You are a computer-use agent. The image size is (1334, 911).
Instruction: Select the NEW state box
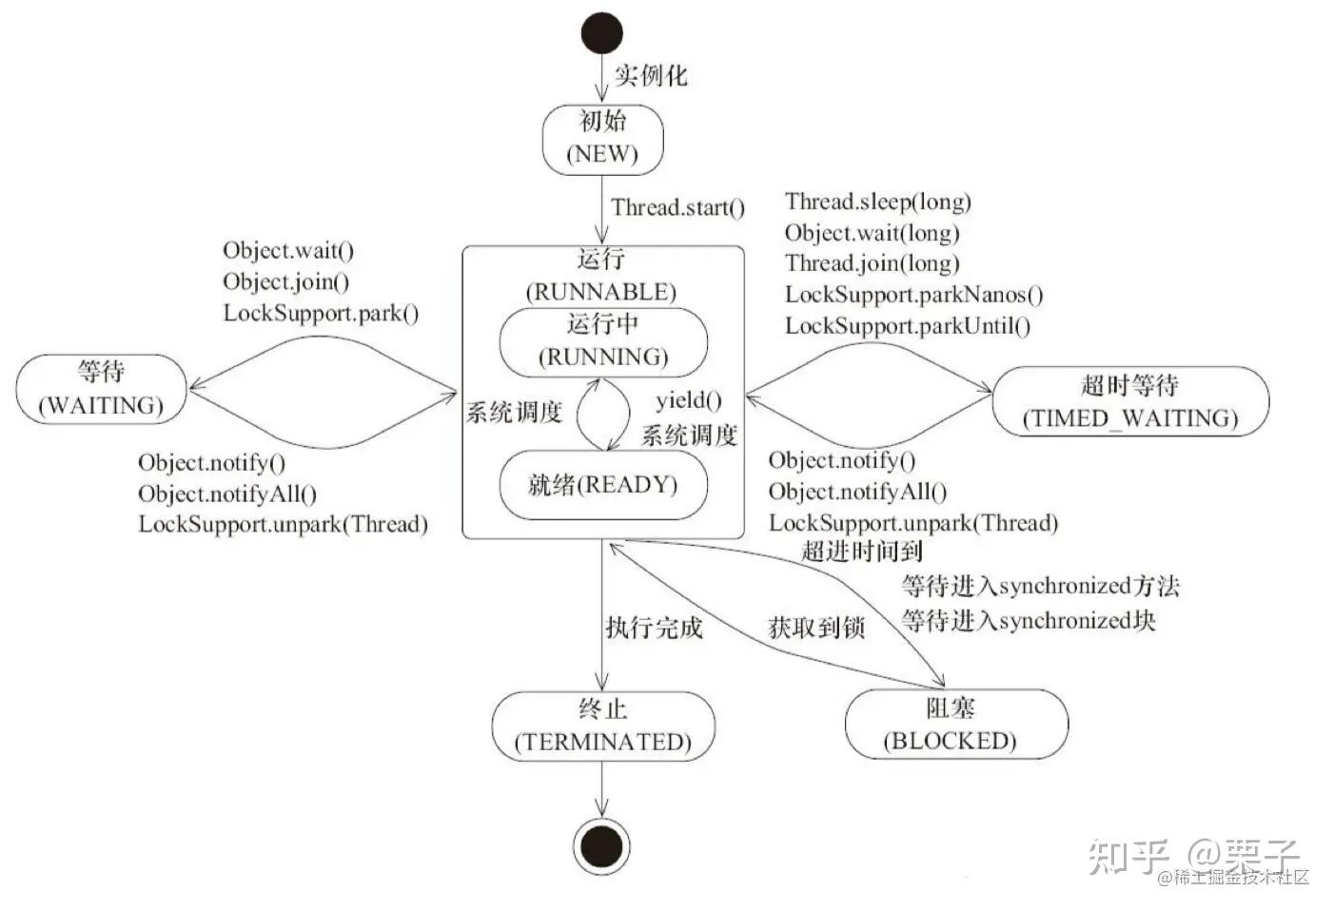(x=602, y=139)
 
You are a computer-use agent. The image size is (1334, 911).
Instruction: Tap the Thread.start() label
(x=677, y=207)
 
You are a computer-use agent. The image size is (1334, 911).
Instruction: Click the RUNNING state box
(x=603, y=341)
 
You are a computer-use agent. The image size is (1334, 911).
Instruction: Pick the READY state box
(x=603, y=486)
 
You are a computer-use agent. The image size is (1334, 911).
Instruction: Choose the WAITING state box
(x=102, y=389)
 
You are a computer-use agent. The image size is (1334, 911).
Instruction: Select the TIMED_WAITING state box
(x=1130, y=401)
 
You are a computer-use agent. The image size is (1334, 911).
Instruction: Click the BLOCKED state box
(x=956, y=725)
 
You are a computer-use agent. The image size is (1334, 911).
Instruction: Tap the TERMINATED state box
(x=602, y=726)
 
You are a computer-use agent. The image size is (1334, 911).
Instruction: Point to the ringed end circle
(x=602, y=845)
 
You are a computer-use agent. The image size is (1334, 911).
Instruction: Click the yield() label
(x=688, y=400)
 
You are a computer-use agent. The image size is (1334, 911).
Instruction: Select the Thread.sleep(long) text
(x=877, y=202)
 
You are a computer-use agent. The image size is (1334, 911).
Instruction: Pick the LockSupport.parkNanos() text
(x=913, y=295)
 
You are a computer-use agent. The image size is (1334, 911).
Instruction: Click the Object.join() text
(x=285, y=281)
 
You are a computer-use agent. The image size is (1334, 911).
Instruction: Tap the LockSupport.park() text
(x=321, y=313)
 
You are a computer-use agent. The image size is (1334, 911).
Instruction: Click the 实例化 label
(x=650, y=75)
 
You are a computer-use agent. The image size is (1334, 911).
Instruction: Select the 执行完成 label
(x=654, y=627)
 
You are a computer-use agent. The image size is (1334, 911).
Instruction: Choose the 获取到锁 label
(x=816, y=627)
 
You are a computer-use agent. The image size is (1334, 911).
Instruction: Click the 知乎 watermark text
(x=1128, y=855)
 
